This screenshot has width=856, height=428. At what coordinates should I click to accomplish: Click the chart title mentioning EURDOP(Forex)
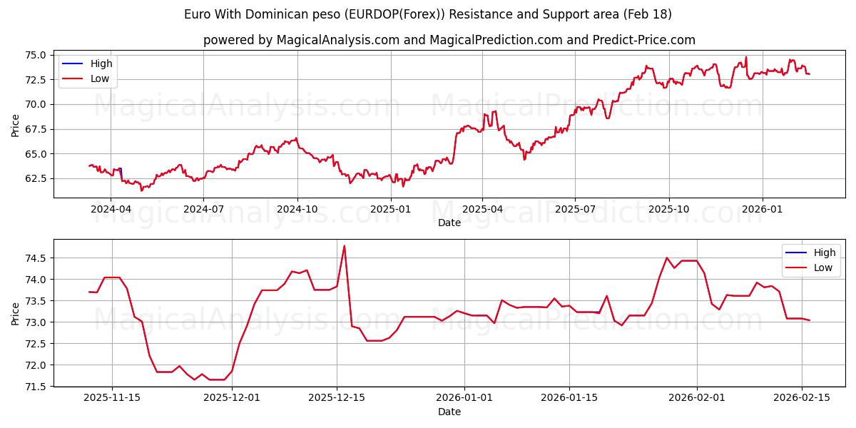(x=428, y=14)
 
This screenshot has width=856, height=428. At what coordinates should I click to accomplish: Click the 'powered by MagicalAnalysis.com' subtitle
(x=449, y=40)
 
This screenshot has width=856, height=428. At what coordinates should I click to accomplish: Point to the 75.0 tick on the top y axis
(x=34, y=55)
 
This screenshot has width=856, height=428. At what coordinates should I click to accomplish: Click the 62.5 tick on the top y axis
(x=34, y=178)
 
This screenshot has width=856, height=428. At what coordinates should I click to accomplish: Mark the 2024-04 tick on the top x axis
(x=110, y=209)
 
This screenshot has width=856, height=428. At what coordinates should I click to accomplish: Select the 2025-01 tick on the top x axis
(x=391, y=209)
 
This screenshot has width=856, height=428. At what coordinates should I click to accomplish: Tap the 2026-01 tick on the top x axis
(x=763, y=209)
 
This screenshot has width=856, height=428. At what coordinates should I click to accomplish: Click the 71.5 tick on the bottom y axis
(x=34, y=387)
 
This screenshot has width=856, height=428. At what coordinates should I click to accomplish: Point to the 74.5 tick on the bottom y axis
(x=34, y=258)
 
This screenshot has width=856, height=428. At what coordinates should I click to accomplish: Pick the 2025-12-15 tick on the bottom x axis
(x=337, y=398)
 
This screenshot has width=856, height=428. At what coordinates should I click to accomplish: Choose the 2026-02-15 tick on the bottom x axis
(x=801, y=398)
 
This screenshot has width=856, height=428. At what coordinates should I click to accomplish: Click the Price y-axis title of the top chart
(x=16, y=125)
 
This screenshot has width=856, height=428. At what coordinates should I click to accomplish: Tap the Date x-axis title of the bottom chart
(x=449, y=412)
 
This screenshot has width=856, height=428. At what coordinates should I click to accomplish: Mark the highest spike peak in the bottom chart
(x=345, y=246)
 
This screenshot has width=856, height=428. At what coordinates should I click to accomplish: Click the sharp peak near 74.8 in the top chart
(x=746, y=57)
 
